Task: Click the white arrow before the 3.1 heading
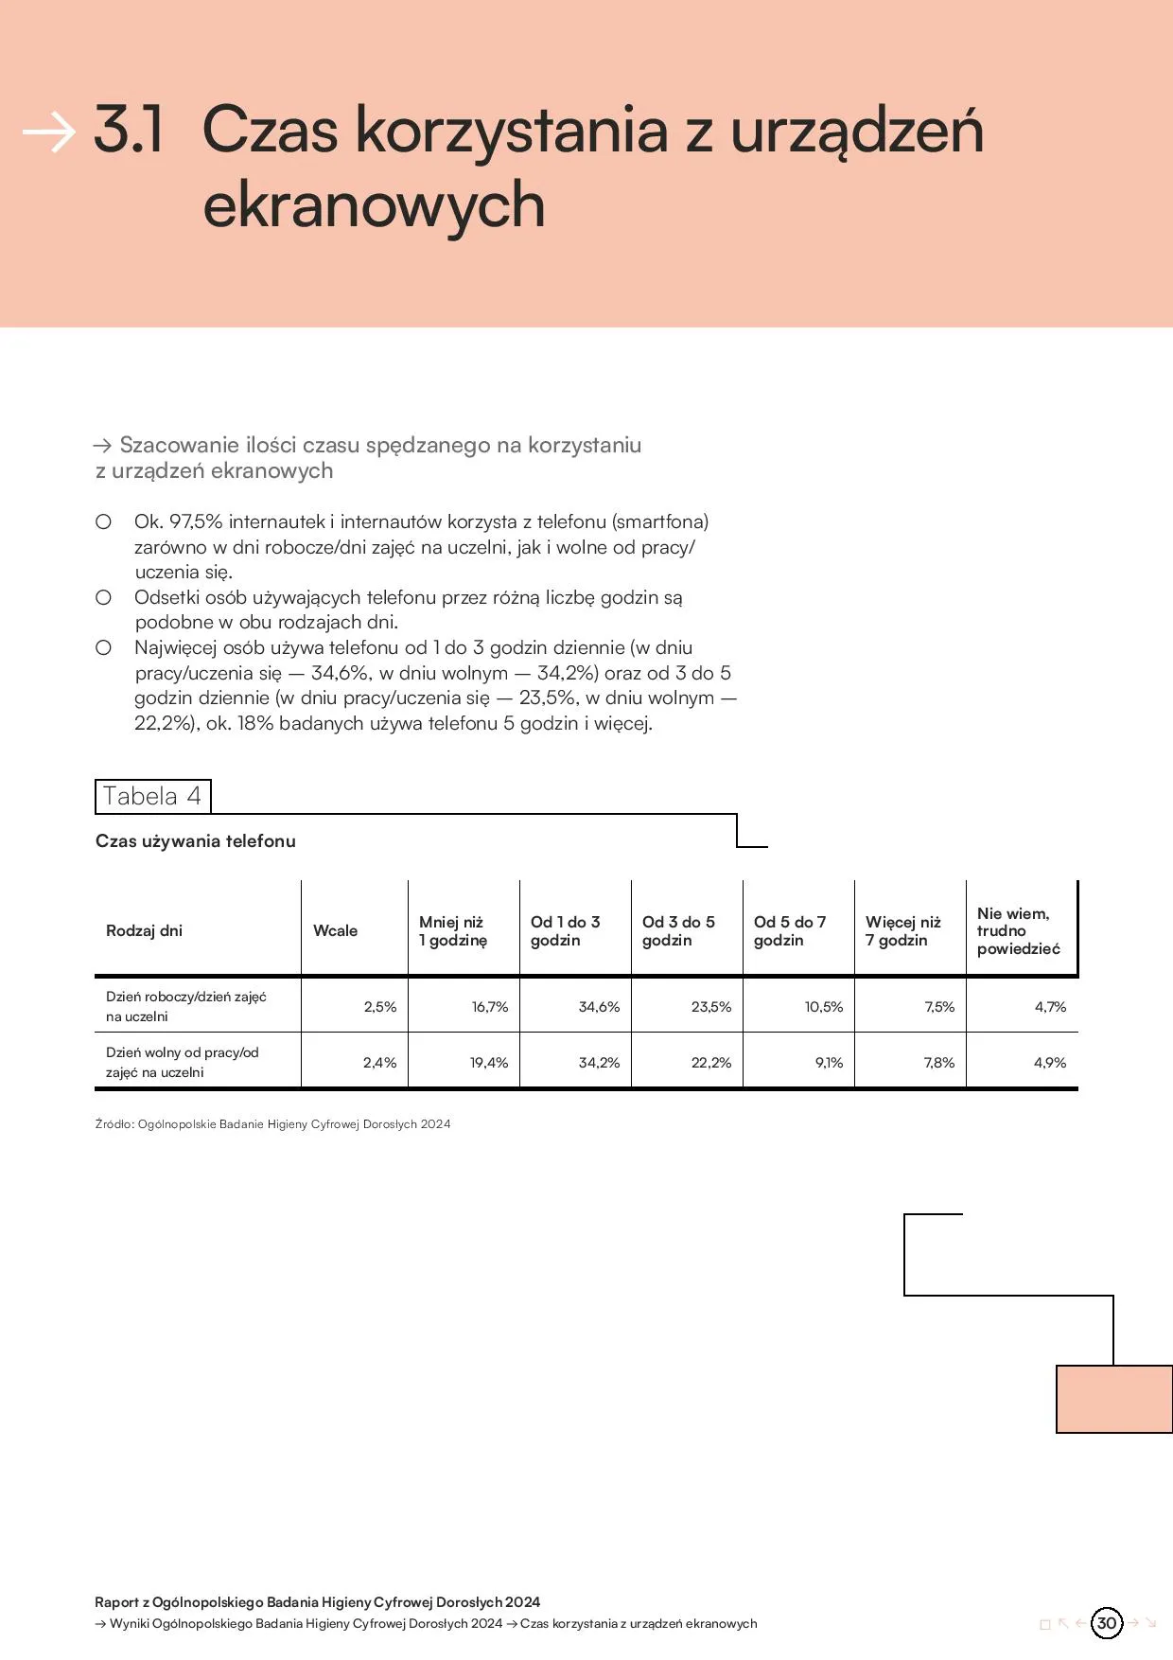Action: tap(48, 132)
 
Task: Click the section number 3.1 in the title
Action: tap(129, 130)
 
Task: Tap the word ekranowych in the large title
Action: tap(374, 205)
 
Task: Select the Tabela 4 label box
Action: tap(152, 796)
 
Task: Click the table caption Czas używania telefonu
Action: tap(196, 840)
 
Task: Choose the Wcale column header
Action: tap(335, 930)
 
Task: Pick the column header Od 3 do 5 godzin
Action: tap(678, 930)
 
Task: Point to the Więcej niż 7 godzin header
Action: tap(902, 930)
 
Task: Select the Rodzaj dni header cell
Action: tap(144, 930)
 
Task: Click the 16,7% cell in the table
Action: tap(490, 1006)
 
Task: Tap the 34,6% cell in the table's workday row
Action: tap(599, 1006)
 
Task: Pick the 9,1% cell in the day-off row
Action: tap(829, 1062)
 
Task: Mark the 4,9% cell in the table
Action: tap(1049, 1062)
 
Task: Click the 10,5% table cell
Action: tap(823, 1006)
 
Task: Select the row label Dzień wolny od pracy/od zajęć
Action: tap(182, 1062)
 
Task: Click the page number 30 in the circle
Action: tap(1106, 1622)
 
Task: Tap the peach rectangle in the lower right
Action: tap(1114, 1399)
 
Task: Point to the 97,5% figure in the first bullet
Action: tap(195, 521)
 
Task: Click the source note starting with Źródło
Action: tap(272, 1123)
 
